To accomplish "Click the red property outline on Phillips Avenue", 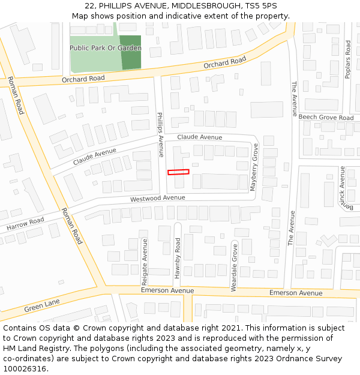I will [x=178, y=172].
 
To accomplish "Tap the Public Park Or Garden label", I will [x=105, y=48].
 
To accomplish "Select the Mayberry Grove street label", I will [x=254, y=167].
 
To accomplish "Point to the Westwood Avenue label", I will [x=158, y=198].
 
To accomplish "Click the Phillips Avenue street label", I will [x=160, y=134].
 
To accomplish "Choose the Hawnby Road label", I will [x=178, y=258].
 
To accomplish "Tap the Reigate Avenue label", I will [x=145, y=262].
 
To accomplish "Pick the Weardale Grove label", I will [x=234, y=267].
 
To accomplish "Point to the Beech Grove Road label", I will [x=326, y=118].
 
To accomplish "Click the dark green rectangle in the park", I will [x=131, y=52].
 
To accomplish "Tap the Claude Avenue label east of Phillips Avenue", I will [x=200, y=137].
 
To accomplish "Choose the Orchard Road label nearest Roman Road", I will [x=83, y=79].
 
